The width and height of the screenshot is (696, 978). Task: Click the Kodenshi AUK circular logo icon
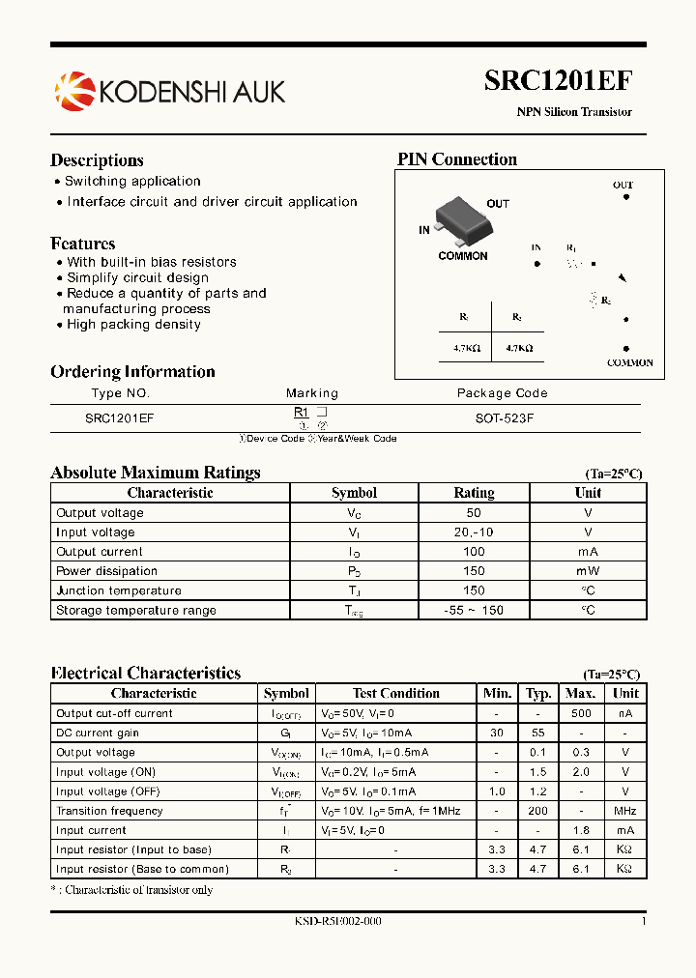tap(73, 91)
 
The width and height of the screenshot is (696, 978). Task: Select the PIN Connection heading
tap(457, 159)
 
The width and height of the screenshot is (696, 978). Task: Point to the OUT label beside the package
tap(498, 204)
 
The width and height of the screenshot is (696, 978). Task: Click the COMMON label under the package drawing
tap(463, 256)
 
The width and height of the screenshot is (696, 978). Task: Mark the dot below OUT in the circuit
tap(625, 197)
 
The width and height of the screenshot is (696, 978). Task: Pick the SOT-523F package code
tap(502, 418)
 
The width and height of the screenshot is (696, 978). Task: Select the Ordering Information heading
tap(132, 372)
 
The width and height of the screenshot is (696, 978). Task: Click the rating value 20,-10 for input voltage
tap(474, 532)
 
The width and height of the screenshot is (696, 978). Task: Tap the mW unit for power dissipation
tap(588, 571)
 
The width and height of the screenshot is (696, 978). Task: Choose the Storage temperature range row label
tap(136, 610)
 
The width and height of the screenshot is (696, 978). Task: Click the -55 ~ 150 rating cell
tap(474, 610)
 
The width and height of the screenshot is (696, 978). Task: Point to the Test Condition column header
tap(396, 693)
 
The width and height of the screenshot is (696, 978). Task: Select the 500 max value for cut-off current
tap(580, 713)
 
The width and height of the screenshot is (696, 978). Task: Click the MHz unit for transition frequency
tap(625, 811)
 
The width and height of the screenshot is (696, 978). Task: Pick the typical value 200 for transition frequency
tap(537, 811)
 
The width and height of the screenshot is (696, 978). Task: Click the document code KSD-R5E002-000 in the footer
tap(337, 921)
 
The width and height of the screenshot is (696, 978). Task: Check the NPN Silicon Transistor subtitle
tap(574, 112)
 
